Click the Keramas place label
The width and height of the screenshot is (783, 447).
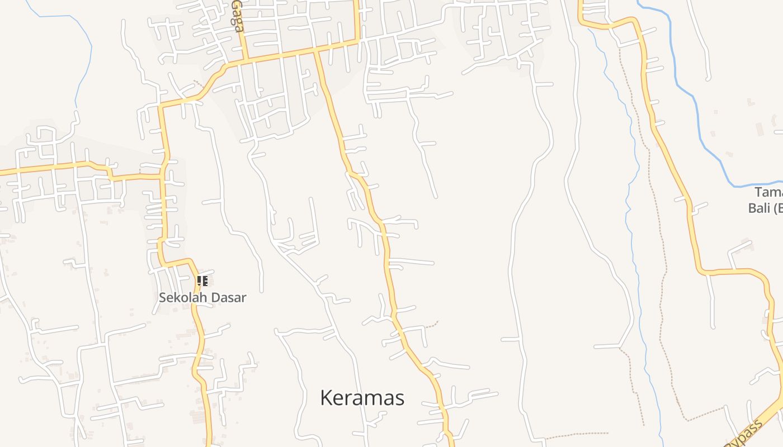click(x=362, y=398)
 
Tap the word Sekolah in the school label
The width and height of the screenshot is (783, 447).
click(x=180, y=298)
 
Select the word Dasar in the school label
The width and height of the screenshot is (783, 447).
click(x=230, y=298)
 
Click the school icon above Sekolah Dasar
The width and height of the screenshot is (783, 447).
click(x=202, y=281)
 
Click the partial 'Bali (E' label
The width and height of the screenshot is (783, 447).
click(x=765, y=208)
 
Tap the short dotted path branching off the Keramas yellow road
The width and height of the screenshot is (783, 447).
click(x=431, y=325)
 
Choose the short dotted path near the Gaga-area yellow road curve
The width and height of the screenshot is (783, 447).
click(x=197, y=84)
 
